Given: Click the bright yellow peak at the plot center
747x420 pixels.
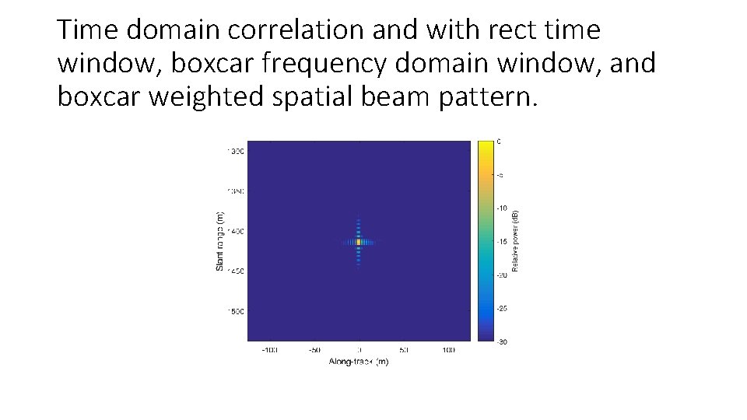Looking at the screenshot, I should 359,242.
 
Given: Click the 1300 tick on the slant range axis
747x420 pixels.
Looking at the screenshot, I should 235,151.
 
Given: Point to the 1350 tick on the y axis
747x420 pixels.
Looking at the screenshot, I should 235,191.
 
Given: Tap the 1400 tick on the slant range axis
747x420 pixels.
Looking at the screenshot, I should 235,231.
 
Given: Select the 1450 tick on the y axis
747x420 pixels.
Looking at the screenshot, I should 235,271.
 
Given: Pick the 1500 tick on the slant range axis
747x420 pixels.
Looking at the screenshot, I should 235,311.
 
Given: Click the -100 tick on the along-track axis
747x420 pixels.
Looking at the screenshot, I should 269,351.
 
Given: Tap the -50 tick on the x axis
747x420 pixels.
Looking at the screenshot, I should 314,351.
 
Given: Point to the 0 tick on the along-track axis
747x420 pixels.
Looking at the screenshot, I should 359,351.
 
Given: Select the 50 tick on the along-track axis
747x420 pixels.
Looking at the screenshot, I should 404,351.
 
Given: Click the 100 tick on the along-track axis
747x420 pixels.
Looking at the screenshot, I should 449,351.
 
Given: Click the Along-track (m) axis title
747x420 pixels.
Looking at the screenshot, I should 359,362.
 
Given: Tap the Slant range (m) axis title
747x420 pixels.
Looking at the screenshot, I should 220,241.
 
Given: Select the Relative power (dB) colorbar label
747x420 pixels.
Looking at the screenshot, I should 515,240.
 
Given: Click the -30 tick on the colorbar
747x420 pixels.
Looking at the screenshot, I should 503,341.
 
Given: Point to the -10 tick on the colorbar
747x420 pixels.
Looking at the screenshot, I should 503,208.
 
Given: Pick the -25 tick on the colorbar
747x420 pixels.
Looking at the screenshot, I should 503,308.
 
